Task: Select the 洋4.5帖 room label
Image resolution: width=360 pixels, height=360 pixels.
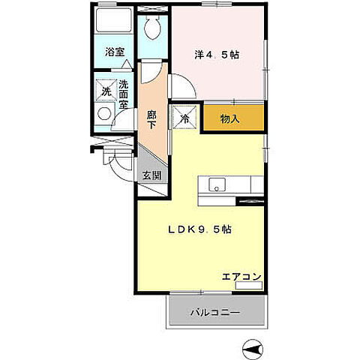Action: pyautogui.click(x=217, y=53)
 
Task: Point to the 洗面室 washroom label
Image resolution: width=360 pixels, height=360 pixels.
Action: pyautogui.click(x=124, y=96)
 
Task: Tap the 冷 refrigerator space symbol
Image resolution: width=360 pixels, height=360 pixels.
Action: pyautogui.click(x=184, y=118)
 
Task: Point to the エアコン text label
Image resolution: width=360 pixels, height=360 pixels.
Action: pyautogui.click(x=241, y=277)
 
